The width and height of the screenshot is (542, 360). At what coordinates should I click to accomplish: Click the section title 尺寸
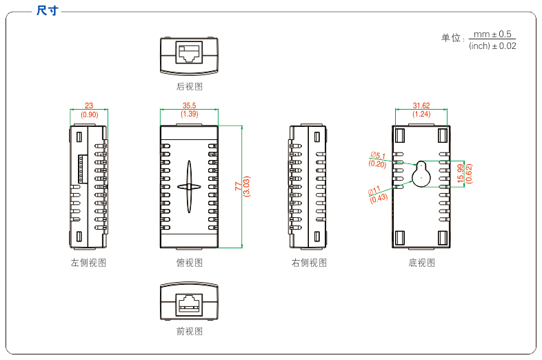47,10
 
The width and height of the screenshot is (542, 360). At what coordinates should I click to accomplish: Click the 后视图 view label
190,87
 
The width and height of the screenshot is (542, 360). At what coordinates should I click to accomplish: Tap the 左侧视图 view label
88,263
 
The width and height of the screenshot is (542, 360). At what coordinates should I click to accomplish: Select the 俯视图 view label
190,263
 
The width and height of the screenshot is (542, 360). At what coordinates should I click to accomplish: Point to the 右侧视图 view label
308,263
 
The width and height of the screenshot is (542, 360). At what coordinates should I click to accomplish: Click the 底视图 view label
422,263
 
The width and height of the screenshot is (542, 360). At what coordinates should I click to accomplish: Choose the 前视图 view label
190,331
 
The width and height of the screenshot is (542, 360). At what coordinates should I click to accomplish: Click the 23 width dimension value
89,106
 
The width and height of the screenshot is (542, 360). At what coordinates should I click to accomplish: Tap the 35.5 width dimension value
190,106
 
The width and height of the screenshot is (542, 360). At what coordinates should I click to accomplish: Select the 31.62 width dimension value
421,106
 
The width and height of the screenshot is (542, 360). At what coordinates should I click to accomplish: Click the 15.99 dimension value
461,173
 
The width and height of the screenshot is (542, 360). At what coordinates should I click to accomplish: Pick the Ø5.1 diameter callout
378,155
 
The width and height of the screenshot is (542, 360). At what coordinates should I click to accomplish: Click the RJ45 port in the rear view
190,53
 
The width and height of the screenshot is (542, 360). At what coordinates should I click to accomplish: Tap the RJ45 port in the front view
190,302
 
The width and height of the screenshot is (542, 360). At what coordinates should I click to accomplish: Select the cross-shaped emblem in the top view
190,186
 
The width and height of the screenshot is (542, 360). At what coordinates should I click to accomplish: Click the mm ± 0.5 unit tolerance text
492,34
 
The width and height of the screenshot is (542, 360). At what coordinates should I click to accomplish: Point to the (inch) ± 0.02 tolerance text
492,46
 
